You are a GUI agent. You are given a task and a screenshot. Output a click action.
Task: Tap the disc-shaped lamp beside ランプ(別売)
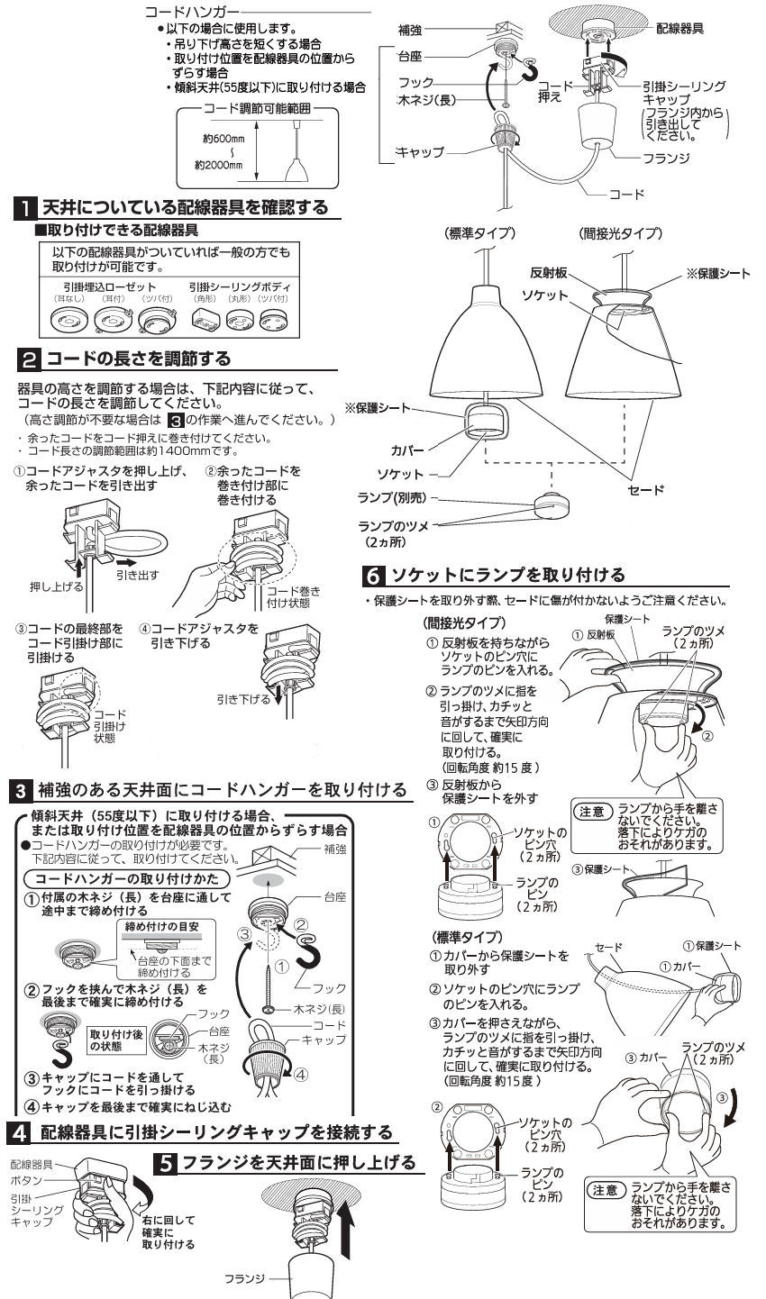click(x=556, y=505)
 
